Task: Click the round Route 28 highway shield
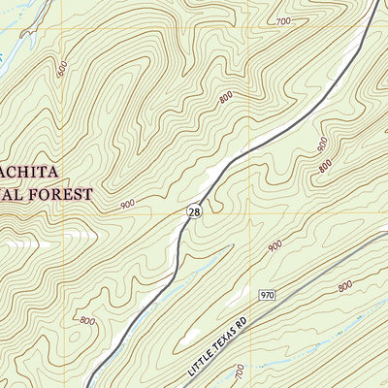pyautogui.click(x=195, y=211)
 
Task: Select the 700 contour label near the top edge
pyautogui.click(x=283, y=21)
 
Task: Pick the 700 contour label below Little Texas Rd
pyautogui.click(x=240, y=371)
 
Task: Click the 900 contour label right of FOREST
pyautogui.click(x=128, y=205)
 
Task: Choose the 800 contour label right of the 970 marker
pyautogui.click(x=344, y=287)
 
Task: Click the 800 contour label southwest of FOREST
pyautogui.click(x=86, y=321)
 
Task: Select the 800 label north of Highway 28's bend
pyautogui.click(x=226, y=97)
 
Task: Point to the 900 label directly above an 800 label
pyautogui.click(x=323, y=143)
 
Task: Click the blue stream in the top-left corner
pyautogui.click(x=12, y=41)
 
